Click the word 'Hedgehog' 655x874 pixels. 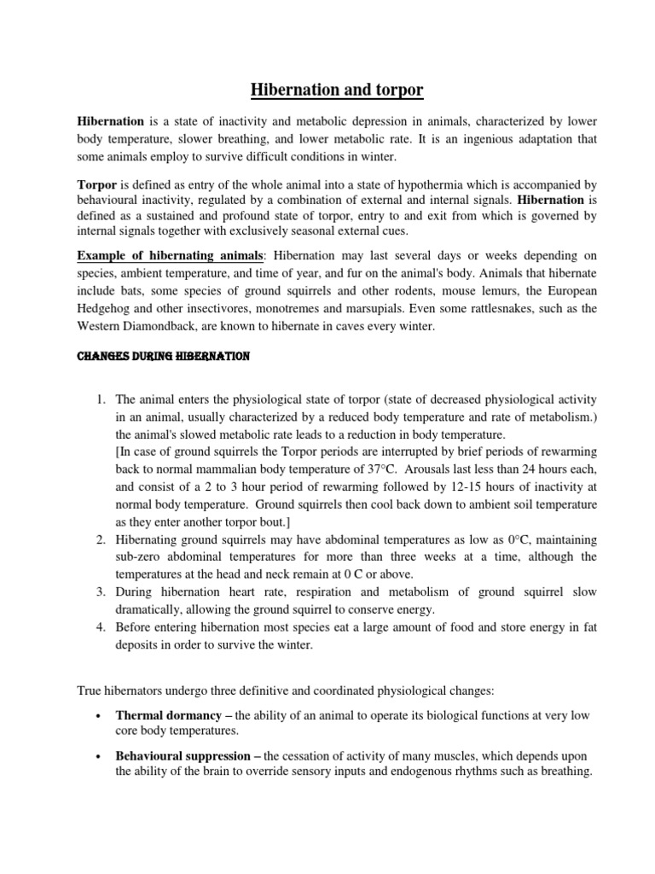[x=106, y=308]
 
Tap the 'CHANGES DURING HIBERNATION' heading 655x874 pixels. [x=163, y=357]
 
